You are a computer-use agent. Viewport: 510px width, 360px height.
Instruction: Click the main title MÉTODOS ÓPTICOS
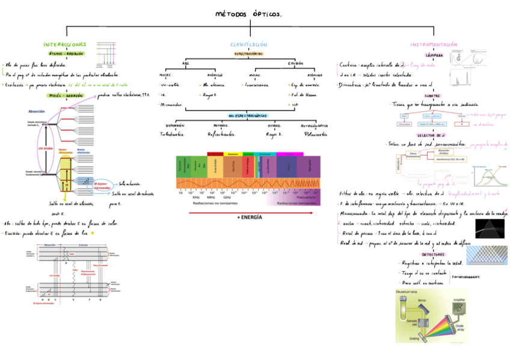tap(248, 14)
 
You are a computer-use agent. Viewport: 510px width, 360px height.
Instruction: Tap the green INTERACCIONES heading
tap(64, 44)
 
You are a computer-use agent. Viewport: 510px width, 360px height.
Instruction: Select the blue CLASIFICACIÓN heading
tap(248, 44)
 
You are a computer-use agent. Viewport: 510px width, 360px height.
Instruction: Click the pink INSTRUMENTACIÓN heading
tap(434, 44)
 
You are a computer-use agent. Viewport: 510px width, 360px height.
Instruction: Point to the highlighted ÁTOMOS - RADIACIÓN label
tap(66, 53)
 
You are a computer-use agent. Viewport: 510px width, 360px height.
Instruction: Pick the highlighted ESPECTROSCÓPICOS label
tap(248, 53)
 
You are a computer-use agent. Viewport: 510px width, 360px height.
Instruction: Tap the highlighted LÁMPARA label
tap(434, 55)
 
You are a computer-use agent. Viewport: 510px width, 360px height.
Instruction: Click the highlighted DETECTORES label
tap(433, 254)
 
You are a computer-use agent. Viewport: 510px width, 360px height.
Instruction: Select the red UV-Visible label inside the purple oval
tap(45, 148)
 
